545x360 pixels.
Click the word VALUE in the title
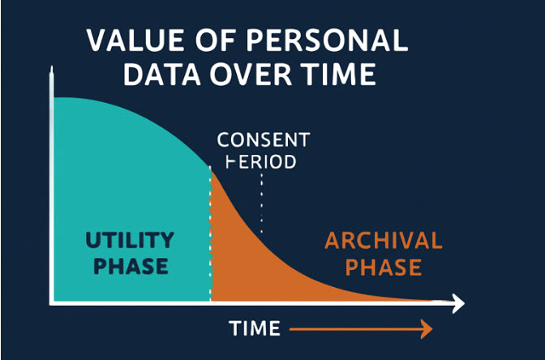coord(135,41)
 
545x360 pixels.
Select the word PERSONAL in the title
coord(327,41)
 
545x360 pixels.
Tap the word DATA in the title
coord(162,74)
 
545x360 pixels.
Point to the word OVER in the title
coord(251,74)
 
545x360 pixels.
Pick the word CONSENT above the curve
coord(264,139)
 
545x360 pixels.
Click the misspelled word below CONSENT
coord(261,161)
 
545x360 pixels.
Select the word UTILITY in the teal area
coord(130,240)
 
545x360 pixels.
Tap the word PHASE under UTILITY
coord(131,266)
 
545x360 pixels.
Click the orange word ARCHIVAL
coord(384,241)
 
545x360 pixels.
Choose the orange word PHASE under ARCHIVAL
coord(384,267)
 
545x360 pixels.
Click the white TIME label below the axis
coord(255,328)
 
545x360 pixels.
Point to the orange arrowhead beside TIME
coord(427,328)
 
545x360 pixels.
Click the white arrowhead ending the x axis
coord(458,303)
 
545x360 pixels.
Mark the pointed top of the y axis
coord(51,66)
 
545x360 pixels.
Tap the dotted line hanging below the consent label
coord(261,203)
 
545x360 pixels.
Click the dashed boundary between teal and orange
coord(210,234)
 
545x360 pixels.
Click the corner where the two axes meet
coord(52,303)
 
